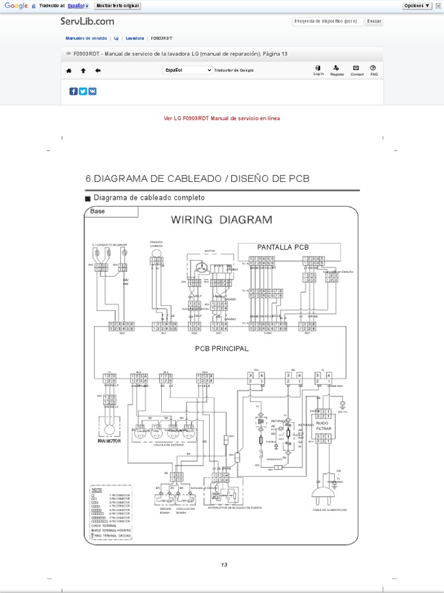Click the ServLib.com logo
87,21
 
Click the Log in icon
319,68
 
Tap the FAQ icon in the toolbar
373,68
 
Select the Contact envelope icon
357,68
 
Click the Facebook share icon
73,91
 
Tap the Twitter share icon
83,91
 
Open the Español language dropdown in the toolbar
187,70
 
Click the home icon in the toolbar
69,71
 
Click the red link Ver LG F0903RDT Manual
222,118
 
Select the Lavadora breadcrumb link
135,38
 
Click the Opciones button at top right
417,6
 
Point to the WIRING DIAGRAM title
221,219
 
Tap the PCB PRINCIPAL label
221,349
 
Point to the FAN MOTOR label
105,441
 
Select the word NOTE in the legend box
97,489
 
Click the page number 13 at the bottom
225,565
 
